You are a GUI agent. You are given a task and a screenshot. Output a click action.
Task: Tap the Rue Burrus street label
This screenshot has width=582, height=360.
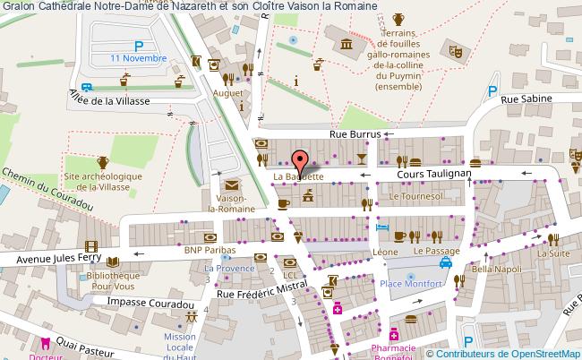point(355,133)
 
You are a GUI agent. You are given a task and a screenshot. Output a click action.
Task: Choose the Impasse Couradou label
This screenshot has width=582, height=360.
point(150,304)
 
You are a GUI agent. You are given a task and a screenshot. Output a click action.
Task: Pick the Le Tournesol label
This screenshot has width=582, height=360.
point(416,194)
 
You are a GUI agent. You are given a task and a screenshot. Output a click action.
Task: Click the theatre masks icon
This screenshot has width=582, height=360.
point(455,53)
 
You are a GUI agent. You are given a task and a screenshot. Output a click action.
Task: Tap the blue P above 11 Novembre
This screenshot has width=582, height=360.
point(139,46)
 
